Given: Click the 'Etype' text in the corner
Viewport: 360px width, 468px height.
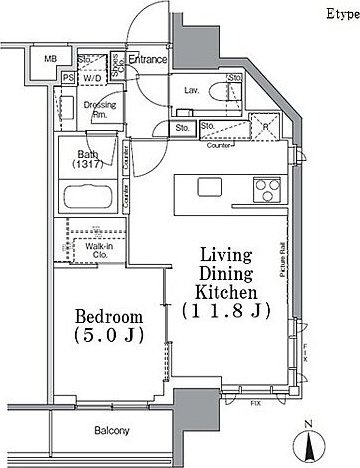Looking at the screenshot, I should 337,14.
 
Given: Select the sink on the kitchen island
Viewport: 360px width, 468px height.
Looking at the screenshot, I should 211,187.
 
